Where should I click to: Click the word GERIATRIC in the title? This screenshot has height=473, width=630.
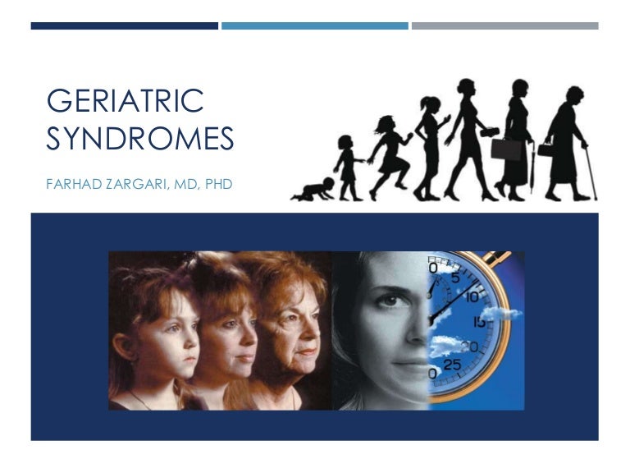tap(126, 102)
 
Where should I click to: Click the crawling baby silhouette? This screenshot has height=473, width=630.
tap(313, 191)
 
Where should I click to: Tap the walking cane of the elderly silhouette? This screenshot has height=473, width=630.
tap(590, 173)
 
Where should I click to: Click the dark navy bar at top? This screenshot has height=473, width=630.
tap(124, 26)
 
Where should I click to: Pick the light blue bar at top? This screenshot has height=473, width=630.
tap(314, 26)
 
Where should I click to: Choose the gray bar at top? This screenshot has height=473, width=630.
tap(504, 26)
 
